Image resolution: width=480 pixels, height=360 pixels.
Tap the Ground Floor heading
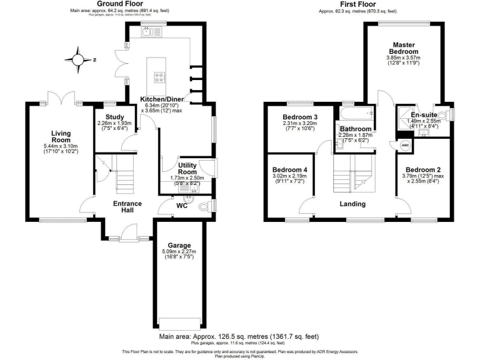(x=120, y=4)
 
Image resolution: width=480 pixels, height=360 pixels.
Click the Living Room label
(x=61, y=137)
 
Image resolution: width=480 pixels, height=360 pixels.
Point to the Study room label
(x=116, y=117)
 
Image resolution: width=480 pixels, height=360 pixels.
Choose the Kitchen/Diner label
(x=161, y=100)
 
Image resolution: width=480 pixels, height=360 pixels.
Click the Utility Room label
(x=188, y=168)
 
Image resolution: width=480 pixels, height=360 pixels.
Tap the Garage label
(x=179, y=245)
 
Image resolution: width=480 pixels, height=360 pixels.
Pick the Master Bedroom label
(x=404, y=48)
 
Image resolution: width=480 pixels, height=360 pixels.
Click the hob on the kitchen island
(x=159, y=79)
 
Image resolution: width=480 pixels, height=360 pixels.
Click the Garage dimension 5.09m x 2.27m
(x=179, y=252)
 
